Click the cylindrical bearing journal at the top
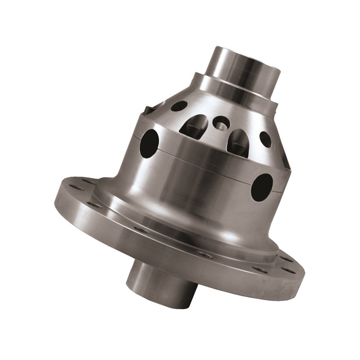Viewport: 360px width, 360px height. pyautogui.click(x=243, y=74)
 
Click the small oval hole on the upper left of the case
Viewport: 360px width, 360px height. pyautogui.click(x=179, y=106)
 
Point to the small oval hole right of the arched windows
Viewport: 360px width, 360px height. pyautogui.click(x=265, y=139)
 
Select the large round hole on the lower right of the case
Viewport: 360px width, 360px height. pyautogui.click(x=261, y=187)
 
